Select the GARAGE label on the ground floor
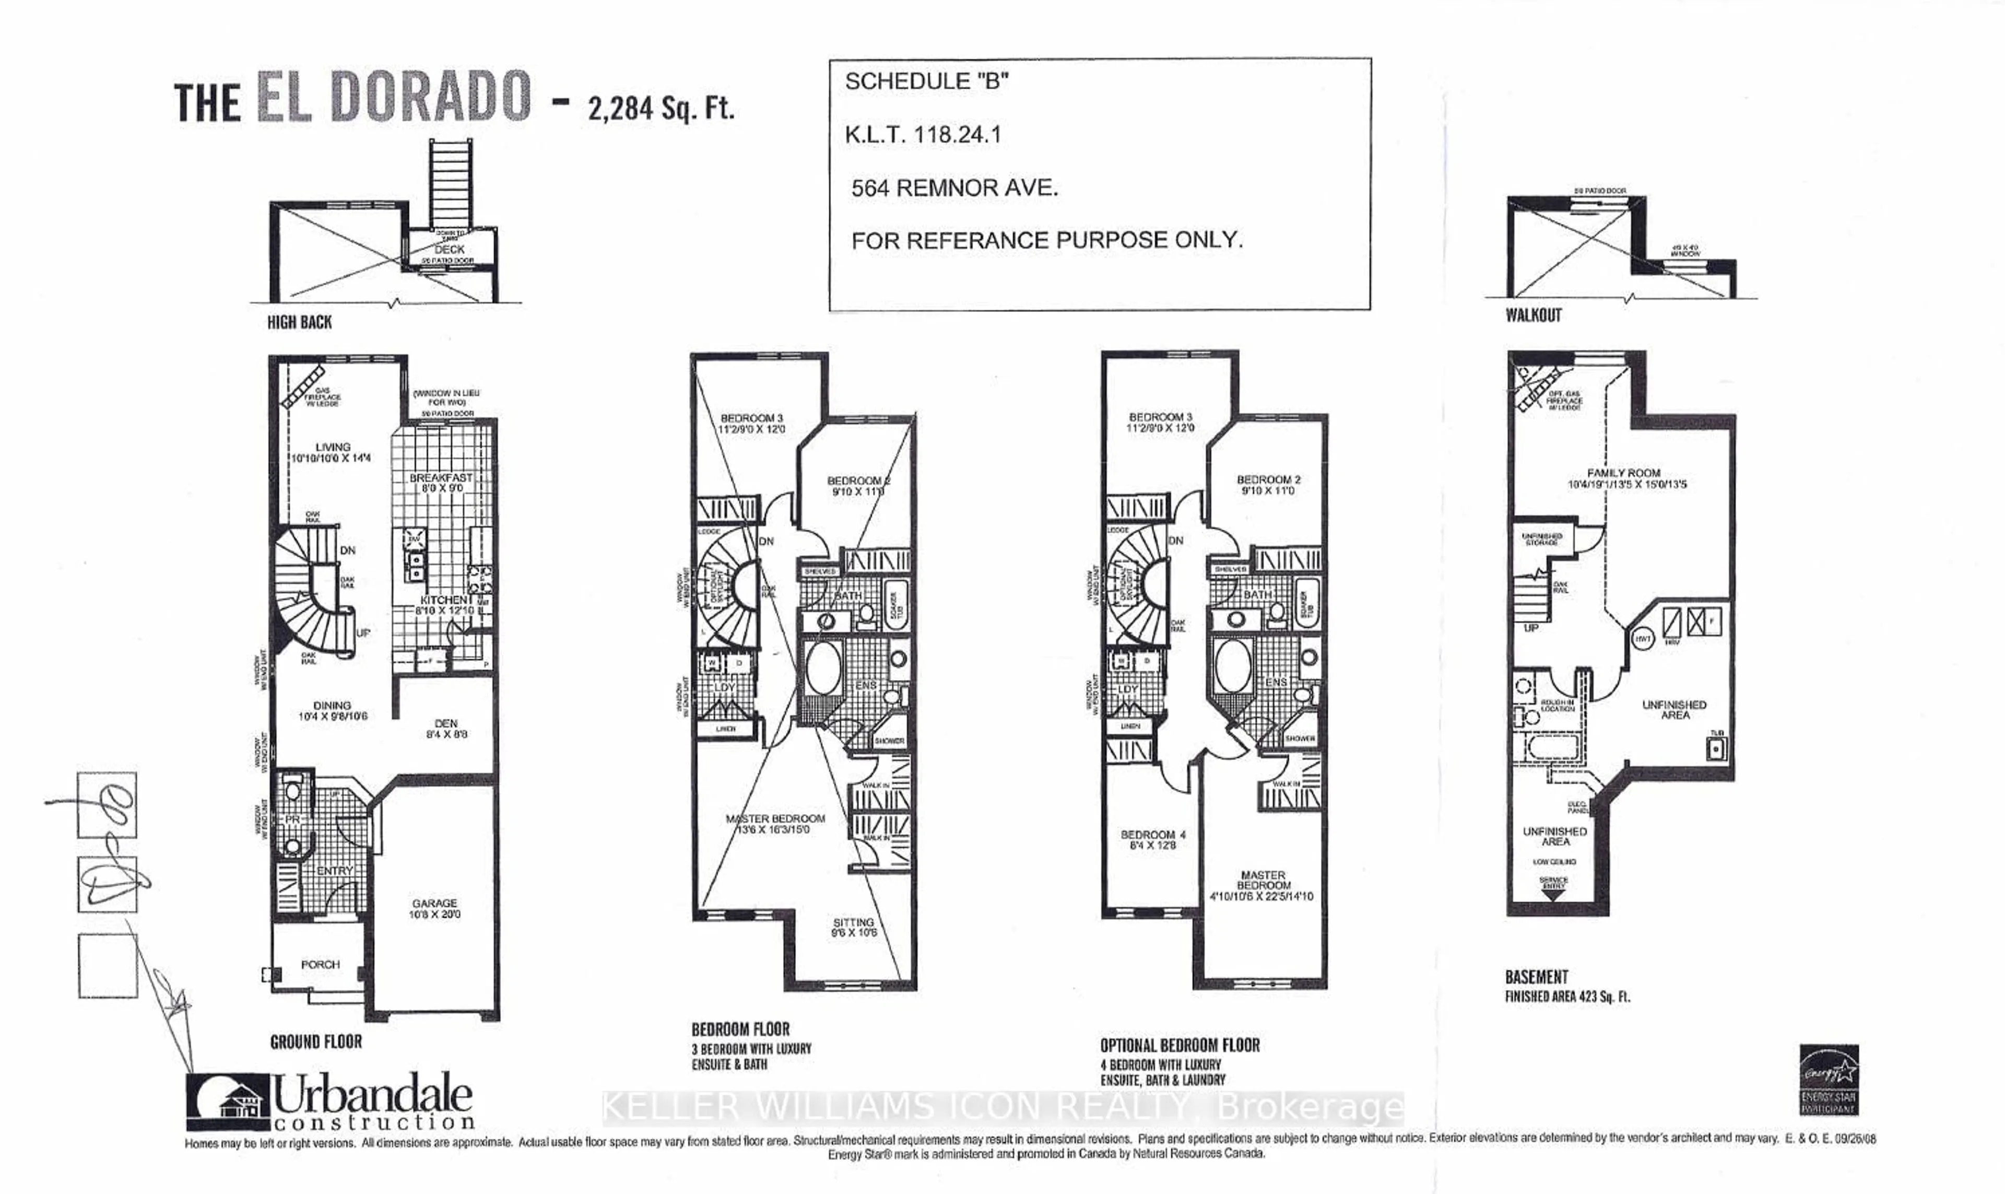[434, 904]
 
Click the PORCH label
[320, 964]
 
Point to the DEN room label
[445, 723]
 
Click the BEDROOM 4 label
[1152, 835]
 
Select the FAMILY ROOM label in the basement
[1623, 473]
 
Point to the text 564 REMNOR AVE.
[954, 188]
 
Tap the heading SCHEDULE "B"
[926, 81]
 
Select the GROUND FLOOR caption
[316, 1042]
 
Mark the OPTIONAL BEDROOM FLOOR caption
[1180, 1045]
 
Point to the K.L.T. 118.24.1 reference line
[923, 134]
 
